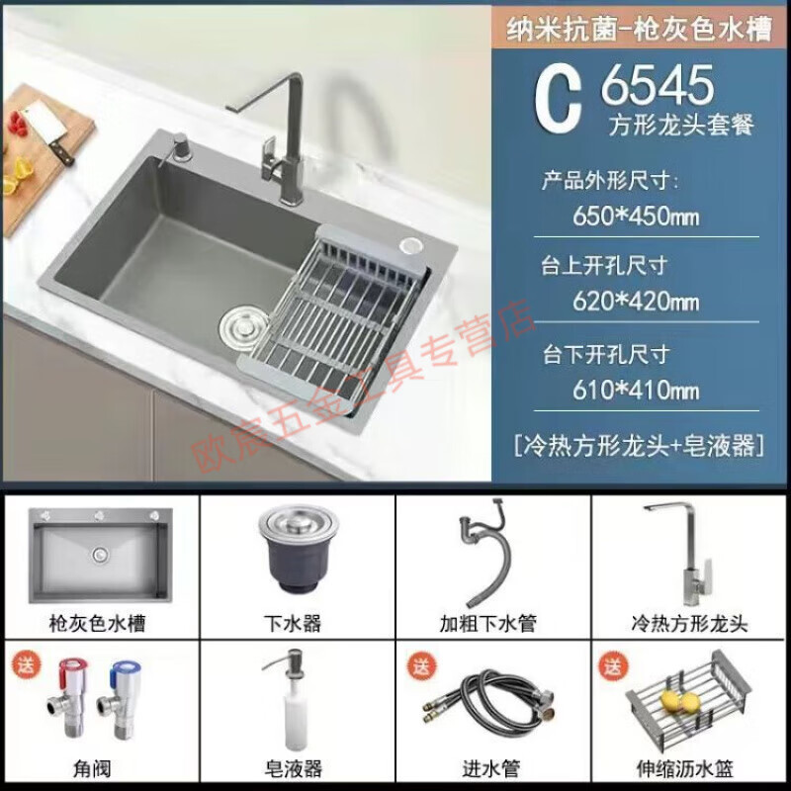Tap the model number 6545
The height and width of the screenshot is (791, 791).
coord(658,85)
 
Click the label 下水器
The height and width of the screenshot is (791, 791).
coord(297,624)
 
